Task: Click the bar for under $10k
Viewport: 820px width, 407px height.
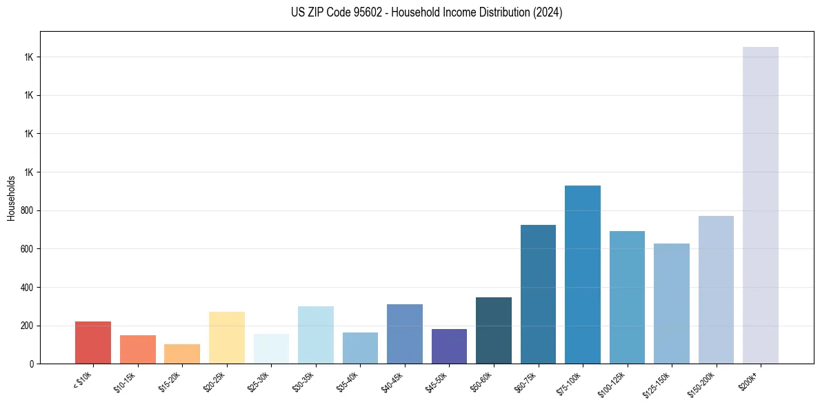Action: (x=93, y=342)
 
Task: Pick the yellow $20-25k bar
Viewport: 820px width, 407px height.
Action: (x=226, y=337)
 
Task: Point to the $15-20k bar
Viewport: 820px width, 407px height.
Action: (x=182, y=353)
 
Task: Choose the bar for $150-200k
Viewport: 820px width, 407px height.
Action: (x=716, y=289)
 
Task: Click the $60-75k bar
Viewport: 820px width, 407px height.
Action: (x=538, y=294)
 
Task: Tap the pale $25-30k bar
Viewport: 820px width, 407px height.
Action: (x=271, y=348)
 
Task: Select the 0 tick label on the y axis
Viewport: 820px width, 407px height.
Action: (x=32, y=364)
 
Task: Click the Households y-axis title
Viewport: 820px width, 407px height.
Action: (x=11, y=198)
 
